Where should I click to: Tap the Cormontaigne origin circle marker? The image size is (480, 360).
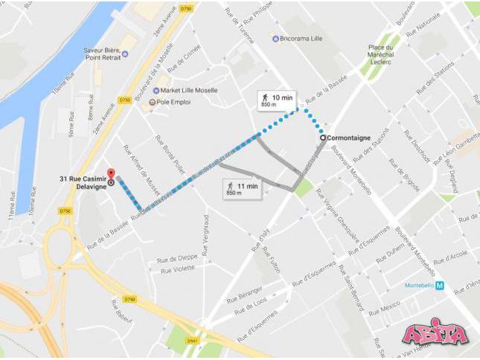click(x=322, y=138)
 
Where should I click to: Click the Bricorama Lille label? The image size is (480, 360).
click(x=309, y=37)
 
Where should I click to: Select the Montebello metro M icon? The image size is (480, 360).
click(x=440, y=285)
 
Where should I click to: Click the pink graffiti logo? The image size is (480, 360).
click(x=435, y=335)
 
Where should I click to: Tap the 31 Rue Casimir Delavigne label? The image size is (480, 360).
click(x=81, y=182)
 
